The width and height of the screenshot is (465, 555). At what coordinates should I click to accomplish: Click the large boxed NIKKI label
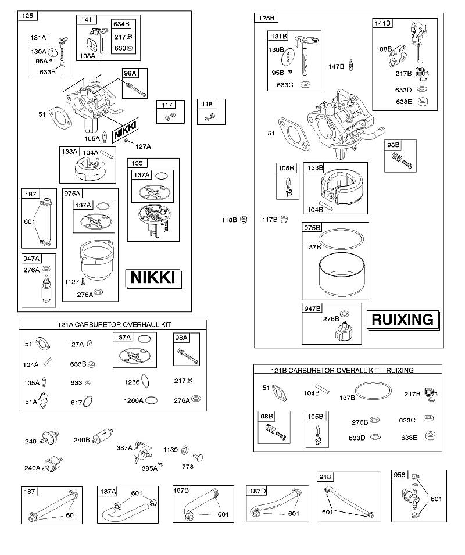(153, 278)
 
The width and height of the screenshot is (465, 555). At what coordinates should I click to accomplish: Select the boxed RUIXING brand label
(403, 320)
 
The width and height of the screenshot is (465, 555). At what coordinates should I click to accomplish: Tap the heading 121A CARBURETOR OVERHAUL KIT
(115, 325)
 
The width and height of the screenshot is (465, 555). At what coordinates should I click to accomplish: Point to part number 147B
(336, 66)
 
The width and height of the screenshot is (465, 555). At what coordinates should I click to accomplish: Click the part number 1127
(72, 282)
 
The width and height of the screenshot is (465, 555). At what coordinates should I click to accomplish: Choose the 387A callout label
(124, 448)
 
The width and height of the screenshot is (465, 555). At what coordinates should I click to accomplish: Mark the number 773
(188, 467)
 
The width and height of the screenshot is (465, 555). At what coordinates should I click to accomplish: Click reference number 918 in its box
(325, 477)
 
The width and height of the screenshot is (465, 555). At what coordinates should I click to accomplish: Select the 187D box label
(257, 491)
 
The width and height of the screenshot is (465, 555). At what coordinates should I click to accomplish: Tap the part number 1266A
(134, 400)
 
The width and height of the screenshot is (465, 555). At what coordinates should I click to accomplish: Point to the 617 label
(77, 402)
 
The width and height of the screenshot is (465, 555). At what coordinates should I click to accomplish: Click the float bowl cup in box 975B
(342, 274)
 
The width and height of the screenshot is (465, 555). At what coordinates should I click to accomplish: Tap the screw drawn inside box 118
(209, 116)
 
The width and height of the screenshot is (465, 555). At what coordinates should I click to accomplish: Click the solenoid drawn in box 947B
(344, 331)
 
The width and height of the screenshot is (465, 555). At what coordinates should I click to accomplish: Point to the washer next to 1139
(185, 450)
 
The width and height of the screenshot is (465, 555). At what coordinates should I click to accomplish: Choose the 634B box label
(121, 24)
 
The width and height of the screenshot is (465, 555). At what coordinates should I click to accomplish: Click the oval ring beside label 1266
(145, 382)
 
